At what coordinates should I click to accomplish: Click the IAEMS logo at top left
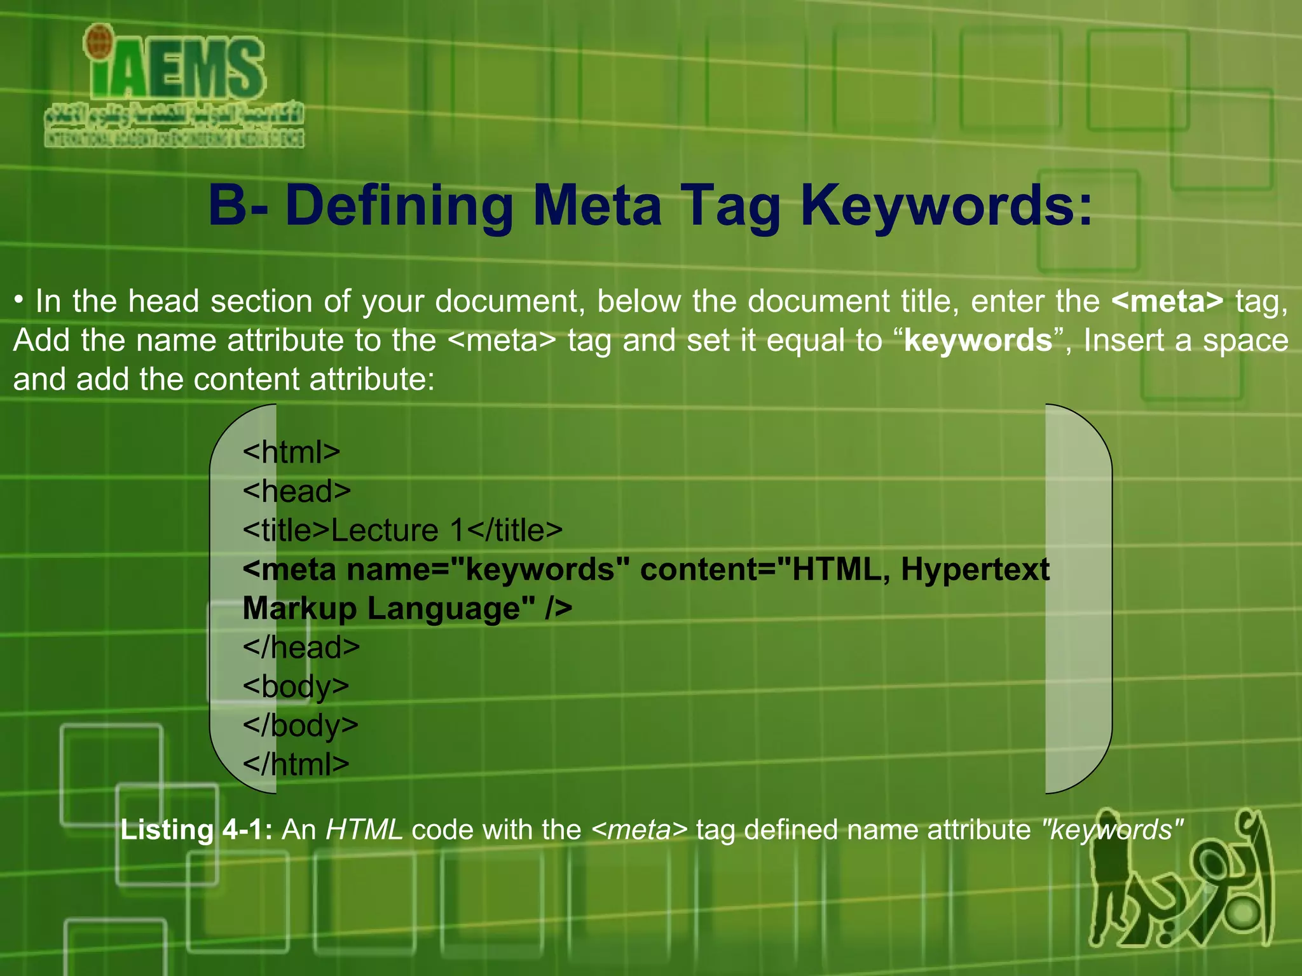[x=175, y=86]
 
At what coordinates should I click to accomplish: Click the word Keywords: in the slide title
[x=947, y=205]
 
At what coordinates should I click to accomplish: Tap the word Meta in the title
[x=598, y=205]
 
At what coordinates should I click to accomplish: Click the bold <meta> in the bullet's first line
[x=1167, y=301]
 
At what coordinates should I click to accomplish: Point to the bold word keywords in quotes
[x=978, y=341]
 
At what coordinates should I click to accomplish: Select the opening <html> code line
[x=292, y=452]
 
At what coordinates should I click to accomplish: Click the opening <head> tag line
[x=297, y=491]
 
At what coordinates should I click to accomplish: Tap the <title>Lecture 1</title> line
[x=402, y=531]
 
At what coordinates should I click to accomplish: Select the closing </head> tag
[x=301, y=647]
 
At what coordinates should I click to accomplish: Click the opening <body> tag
[x=296, y=687]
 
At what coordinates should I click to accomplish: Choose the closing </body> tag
[x=301, y=726]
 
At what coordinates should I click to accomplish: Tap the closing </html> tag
[x=296, y=764]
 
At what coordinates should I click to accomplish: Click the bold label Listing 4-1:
[x=196, y=830]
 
